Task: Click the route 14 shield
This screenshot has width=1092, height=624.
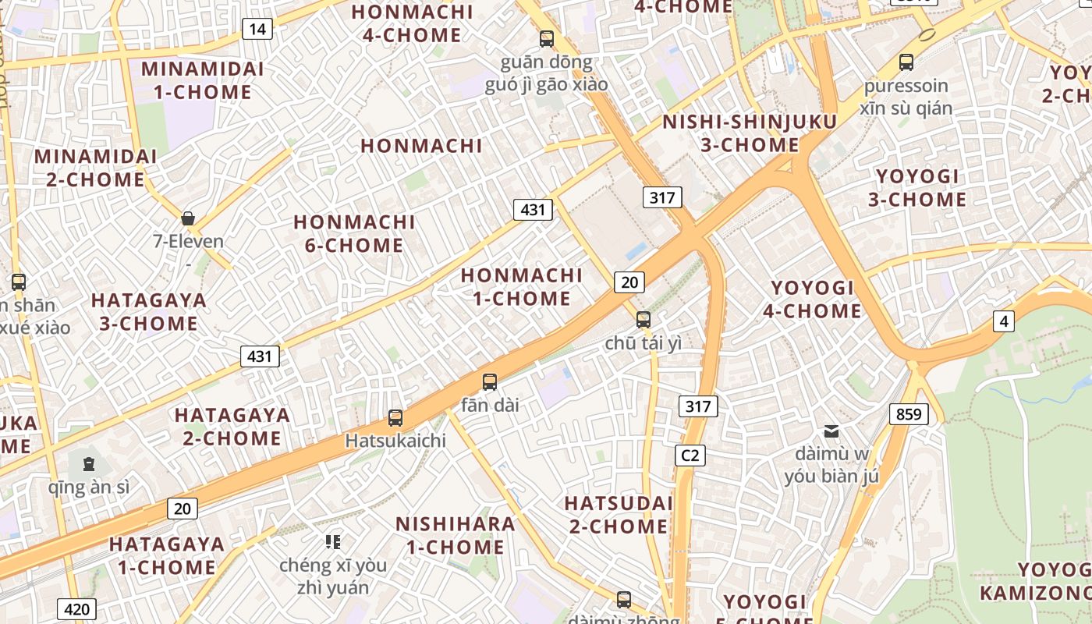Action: (257, 30)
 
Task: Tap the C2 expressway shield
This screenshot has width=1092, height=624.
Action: (690, 455)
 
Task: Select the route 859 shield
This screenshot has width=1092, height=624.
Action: (909, 414)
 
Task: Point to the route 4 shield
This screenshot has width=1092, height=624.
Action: (1004, 321)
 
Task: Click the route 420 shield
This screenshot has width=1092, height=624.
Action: (76, 609)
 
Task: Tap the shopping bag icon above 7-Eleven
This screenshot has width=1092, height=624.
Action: (188, 218)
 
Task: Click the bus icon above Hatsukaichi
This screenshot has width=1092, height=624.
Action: (395, 418)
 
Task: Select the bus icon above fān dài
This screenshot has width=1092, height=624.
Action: (490, 382)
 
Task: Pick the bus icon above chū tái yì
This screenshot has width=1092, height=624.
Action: (643, 319)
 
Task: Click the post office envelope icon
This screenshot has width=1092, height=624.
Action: (831, 431)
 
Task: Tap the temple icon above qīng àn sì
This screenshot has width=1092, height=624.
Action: (88, 464)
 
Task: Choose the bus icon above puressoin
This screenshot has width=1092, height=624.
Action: (906, 62)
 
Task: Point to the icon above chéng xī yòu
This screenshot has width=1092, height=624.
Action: (333, 541)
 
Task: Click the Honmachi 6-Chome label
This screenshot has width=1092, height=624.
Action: (354, 233)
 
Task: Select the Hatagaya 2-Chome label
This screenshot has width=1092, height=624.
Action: (232, 426)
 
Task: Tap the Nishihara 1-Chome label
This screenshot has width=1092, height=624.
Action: (456, 535)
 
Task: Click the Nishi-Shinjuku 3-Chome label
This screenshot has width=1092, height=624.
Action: (750, 133)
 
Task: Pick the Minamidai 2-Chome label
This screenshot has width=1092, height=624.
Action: (95, 168)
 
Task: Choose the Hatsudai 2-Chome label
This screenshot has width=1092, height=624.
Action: (619, 514)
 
